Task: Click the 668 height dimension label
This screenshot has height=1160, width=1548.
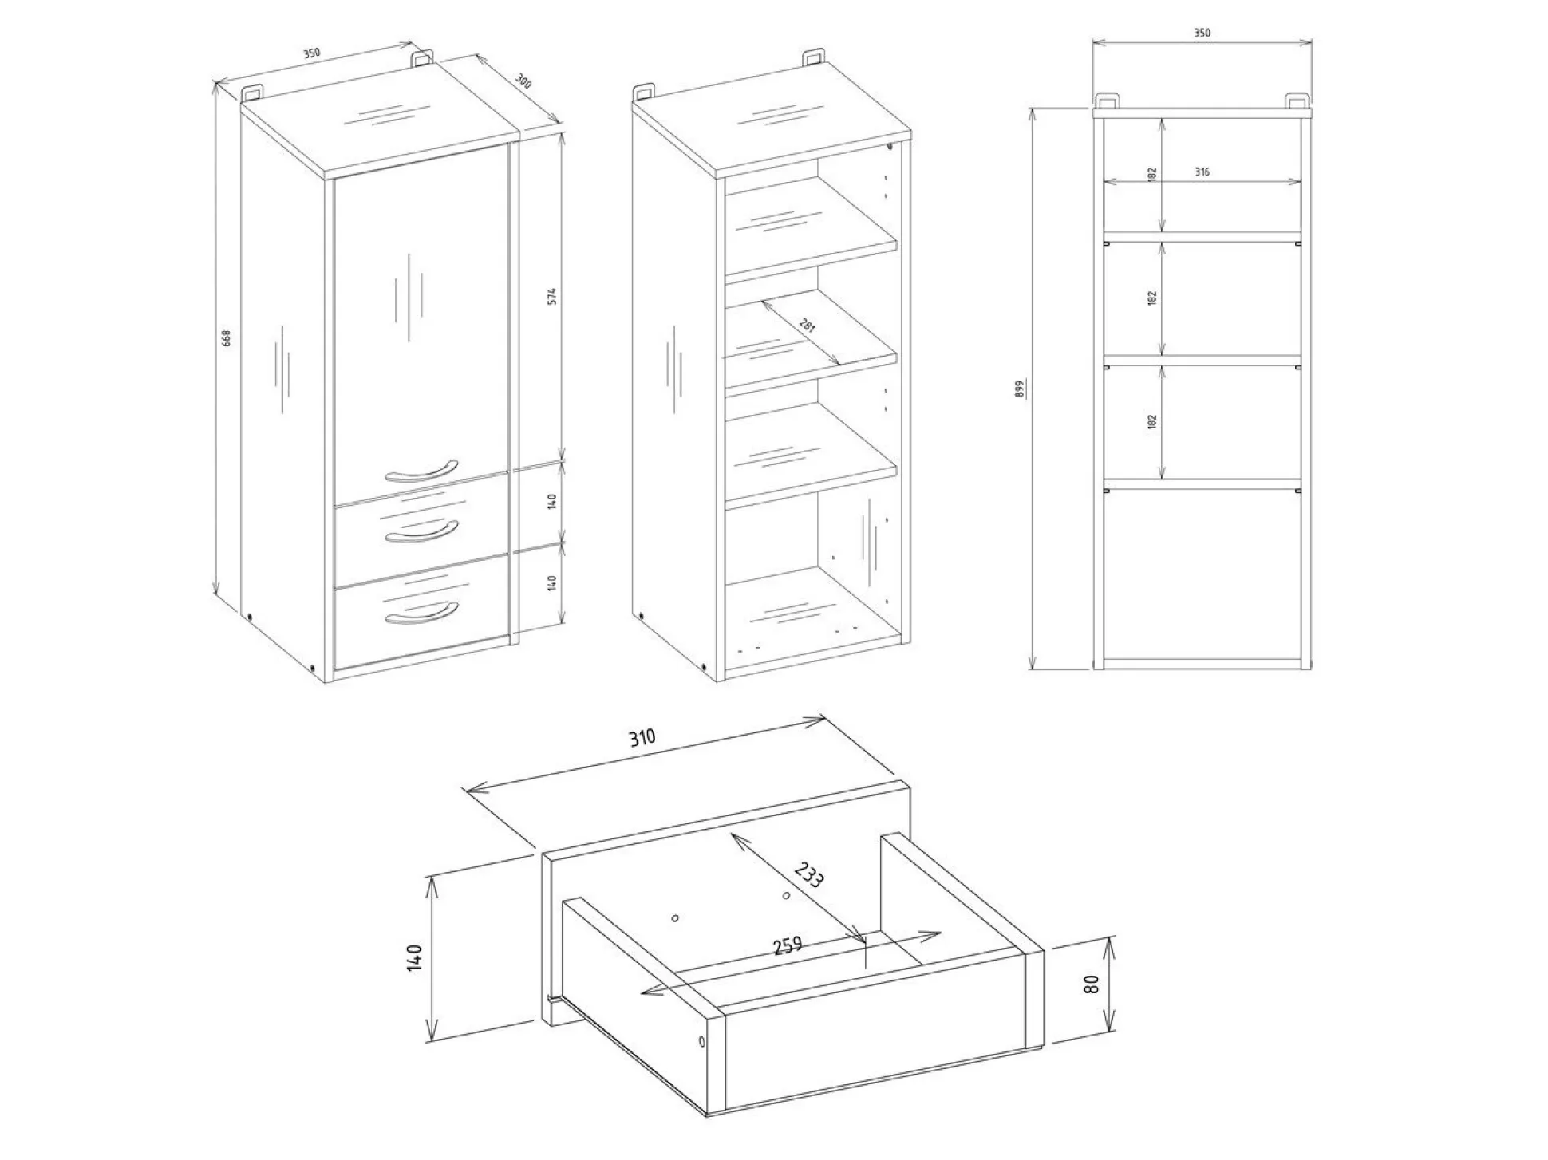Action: pyautogui.click(x=227, y=338)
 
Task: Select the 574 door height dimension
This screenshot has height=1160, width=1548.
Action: pyautogui.click(x=551, y=295)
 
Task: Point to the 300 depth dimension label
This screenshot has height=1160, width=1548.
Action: pyautogui.click(x=523, y=81)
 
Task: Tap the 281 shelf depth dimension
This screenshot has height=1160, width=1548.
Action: pyautogui.click(x=808, y=326)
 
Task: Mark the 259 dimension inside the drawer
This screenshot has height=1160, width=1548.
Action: pyautogui.click(x=787, y=946)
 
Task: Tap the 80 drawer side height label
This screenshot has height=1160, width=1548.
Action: pyautogui.click(x=1092, y=984)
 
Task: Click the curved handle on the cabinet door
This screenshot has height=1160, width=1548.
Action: pyautogui.click(x=421, y=471)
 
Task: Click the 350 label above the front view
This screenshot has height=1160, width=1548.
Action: pyautogui.click(x=1202, y=34)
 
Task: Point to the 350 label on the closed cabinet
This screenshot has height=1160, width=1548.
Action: pyautogui.click(x=311, y=53)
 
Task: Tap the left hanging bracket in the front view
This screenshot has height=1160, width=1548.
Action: pyautogui.click(x=1107, y=102)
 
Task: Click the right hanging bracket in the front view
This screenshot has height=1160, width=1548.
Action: pyautogui.click(x=1296, y=102)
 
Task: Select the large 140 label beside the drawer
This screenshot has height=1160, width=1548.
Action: pyautogui.click(x=414, y=957)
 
